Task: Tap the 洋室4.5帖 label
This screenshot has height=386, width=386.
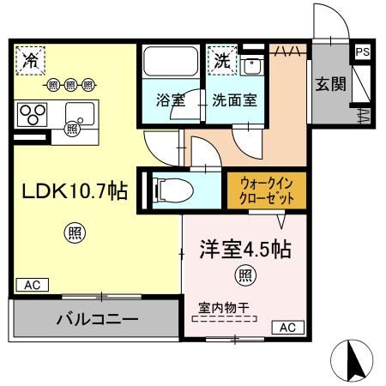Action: (x=246, y=250)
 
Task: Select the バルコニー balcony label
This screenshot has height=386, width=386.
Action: (x=97, y=319)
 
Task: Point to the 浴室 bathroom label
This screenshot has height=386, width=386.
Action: (x=169, y=100)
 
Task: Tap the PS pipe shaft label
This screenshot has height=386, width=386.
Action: (x=363, y=52)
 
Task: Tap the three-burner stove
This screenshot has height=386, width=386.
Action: (x=32, y=114)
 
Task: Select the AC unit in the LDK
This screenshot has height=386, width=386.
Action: (x=32, y=285)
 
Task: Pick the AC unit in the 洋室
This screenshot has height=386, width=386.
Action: (x=287, y=327)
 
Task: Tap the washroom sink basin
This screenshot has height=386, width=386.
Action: (x=252, y=64)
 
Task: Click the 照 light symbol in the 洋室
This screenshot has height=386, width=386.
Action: (x=245, y=274)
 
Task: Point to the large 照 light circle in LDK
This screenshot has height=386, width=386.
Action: (x=75, y=232)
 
